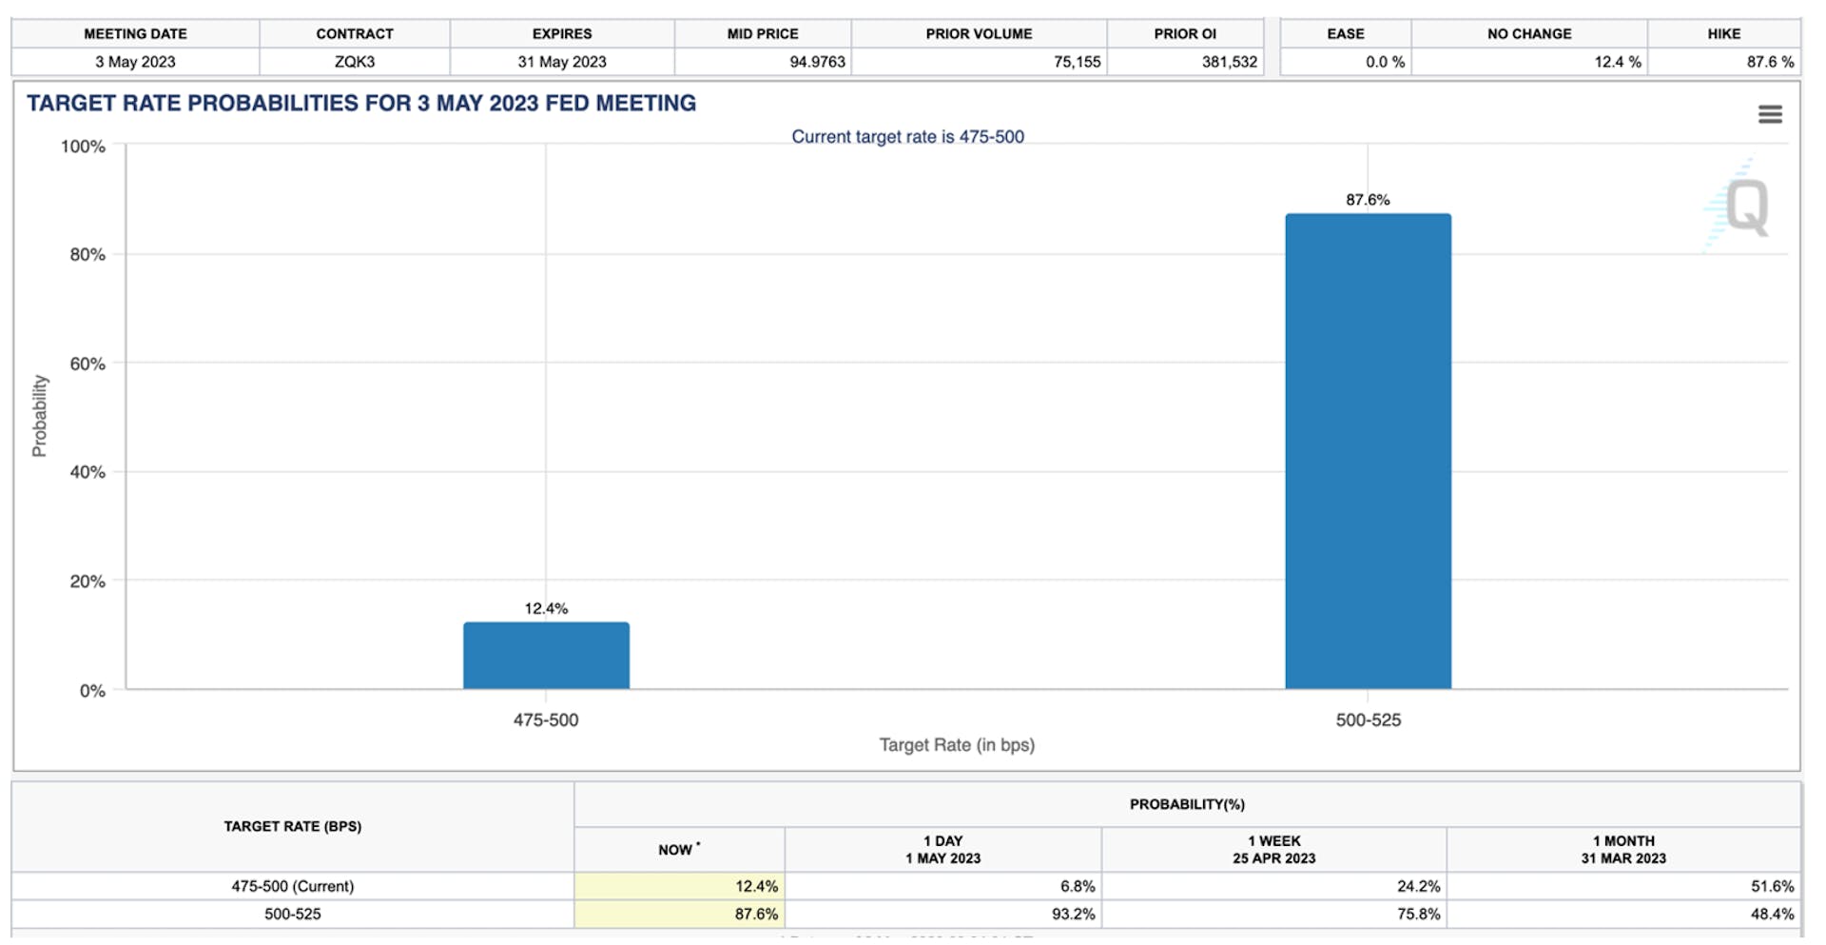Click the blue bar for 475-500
click(546, 655)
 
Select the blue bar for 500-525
click(1368, 451)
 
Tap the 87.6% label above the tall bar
click(1368, 200)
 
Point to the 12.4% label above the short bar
click(546, 608)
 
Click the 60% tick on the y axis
click(87, 364)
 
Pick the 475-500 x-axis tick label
click(546, 720)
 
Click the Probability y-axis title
click(39, 416)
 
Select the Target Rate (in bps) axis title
click(957, 745)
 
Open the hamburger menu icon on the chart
click(1770, 114)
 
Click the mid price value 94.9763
click(817, 62)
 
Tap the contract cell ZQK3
click(355, 62)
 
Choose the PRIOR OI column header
click(1185, 33)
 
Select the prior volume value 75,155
click(1077, 62)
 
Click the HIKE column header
click(1723, 33)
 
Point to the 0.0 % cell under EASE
click(1385, 62)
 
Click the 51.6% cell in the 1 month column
click(1772, 886)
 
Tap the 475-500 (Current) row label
click(293, 886)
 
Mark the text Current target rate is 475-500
click(907, 137)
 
